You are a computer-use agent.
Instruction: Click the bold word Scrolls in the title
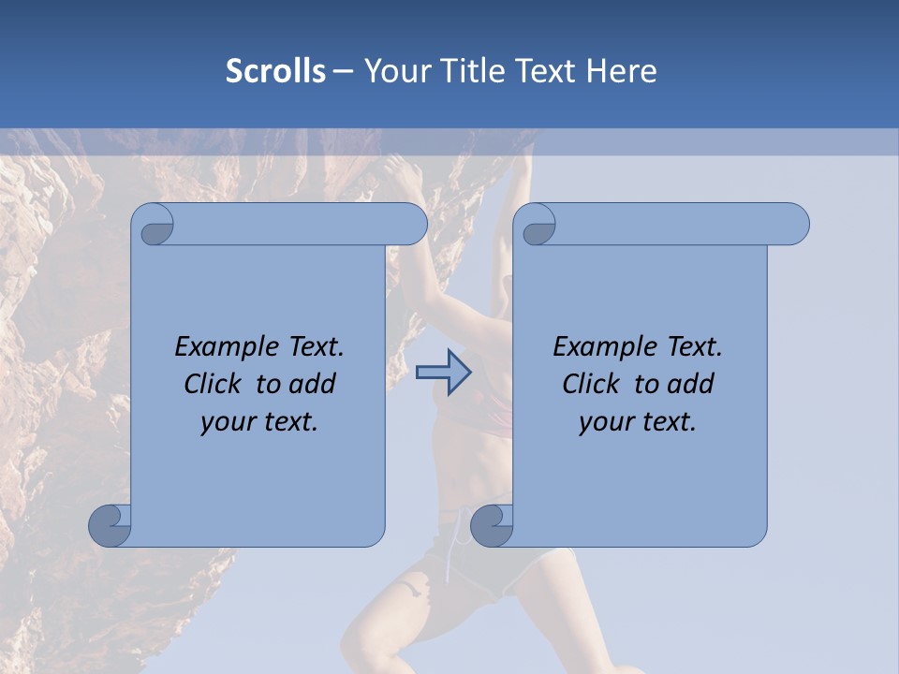coord(276,71)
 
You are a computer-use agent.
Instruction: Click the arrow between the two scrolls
coord(443,373)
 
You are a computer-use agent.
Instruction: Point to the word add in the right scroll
coord(693,384)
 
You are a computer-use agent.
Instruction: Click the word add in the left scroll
coord(315,384)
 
